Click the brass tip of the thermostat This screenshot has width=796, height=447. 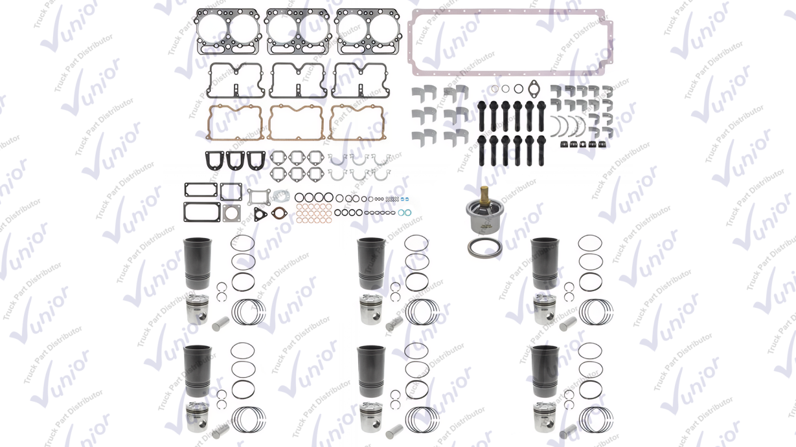[484, 194]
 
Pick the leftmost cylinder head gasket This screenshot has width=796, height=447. [228, 31]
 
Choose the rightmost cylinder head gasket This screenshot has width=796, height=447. [368, 31]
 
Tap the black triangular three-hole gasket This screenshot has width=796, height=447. [260, 215]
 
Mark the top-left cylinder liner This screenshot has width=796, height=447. [198, 263]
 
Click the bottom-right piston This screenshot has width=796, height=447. [545, 417]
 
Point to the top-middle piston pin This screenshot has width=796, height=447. [394, 323]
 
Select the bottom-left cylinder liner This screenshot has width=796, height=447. [198, 371]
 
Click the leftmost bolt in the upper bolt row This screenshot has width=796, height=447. [481, 116]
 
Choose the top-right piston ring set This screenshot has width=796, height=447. [596, 312]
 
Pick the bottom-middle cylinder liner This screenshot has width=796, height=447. [371, 371]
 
